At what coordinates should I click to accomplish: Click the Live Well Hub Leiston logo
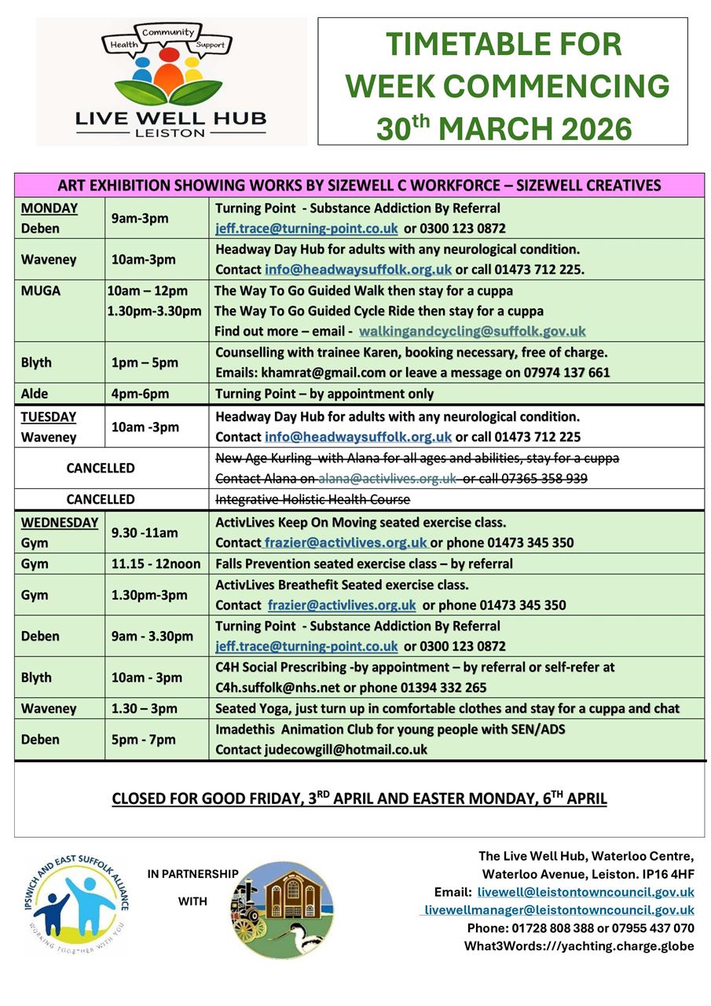170,81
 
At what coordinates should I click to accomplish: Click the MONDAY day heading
49,208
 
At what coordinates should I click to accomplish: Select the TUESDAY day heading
49,417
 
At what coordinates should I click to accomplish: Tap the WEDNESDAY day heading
60,523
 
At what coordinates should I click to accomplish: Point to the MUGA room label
41,291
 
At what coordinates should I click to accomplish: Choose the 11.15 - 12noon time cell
155,564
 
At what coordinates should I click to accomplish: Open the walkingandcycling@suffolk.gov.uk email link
472,332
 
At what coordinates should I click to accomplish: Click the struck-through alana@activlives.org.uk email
387,479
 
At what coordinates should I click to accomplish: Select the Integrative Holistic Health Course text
313,499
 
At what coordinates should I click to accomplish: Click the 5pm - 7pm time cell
144,740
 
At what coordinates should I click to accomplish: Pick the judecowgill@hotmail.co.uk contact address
344,750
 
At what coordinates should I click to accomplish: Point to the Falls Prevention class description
364,564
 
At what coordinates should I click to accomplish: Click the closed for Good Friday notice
359,799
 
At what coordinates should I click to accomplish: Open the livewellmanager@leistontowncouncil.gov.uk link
559,910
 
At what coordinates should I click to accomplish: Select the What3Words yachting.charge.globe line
579,946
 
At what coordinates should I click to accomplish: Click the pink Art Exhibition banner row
359,185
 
